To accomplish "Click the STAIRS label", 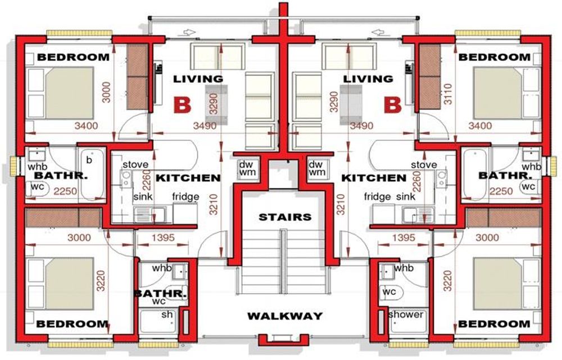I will click(284, 217).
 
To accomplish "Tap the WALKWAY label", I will click(285, 316).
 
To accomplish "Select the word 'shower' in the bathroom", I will click(405, 314).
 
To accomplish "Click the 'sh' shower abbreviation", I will click(167, 314).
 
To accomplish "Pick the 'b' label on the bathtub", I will click(88, 160).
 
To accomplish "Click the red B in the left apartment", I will click(182, 105).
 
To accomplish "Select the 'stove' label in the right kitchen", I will click(423, 165).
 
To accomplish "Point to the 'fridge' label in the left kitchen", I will click(184, 197).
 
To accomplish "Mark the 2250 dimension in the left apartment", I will click(65, 191).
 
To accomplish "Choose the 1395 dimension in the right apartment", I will click(403, 238).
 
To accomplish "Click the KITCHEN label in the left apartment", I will click(188, 178).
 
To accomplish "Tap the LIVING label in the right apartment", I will click(368, 79).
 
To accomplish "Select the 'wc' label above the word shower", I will click(389, 292).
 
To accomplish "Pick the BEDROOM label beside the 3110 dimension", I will click(494, 57).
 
